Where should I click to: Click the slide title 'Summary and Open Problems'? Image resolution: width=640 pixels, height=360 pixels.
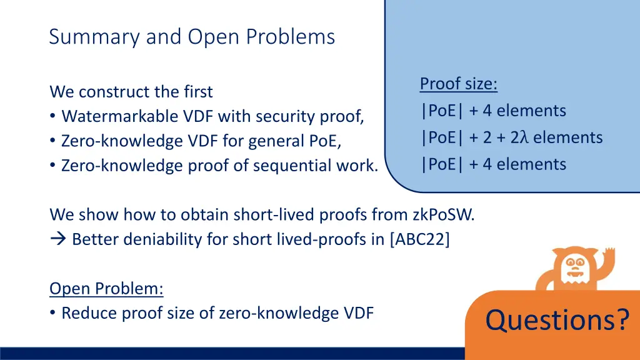point(192,37)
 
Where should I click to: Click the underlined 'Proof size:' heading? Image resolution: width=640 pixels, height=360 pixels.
point(458,84)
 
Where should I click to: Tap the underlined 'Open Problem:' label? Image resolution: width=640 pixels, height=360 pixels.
point(106,289)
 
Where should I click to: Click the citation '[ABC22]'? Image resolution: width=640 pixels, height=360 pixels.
point(419,240)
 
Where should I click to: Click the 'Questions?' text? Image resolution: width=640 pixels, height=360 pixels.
point(557,320)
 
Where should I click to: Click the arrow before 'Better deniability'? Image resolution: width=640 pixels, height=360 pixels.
point(57,240)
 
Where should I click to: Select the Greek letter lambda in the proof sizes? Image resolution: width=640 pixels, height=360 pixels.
point(524,137)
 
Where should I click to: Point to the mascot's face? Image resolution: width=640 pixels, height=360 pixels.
point(574,269)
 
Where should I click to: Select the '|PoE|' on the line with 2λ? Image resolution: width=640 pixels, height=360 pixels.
point(442,137)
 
